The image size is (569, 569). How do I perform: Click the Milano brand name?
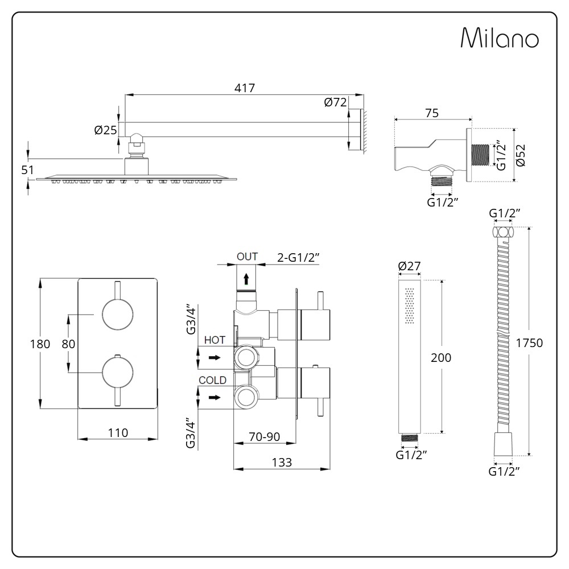(500, 38)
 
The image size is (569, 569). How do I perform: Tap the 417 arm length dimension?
(245, 88)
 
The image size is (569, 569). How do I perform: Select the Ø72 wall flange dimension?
(335, 102)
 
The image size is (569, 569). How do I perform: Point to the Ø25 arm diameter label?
(105, 130)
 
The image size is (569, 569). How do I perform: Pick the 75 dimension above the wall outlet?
(431, 113)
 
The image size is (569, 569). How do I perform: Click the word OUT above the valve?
(247, 257)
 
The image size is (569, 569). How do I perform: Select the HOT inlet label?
(215, 340)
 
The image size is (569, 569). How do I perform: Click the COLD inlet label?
(212, 380)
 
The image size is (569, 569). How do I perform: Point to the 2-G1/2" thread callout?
(298, 257)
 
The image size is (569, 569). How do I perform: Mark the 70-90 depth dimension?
(265, 436)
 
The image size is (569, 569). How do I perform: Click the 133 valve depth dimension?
(281, 463)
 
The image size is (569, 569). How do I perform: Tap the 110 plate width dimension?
(117, 433)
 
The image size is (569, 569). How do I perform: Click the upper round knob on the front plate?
(117, 314)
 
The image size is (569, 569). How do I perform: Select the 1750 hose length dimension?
(530, 343)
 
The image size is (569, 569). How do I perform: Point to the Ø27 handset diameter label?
(409, 266)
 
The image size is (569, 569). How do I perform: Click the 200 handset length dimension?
(441, 357)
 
